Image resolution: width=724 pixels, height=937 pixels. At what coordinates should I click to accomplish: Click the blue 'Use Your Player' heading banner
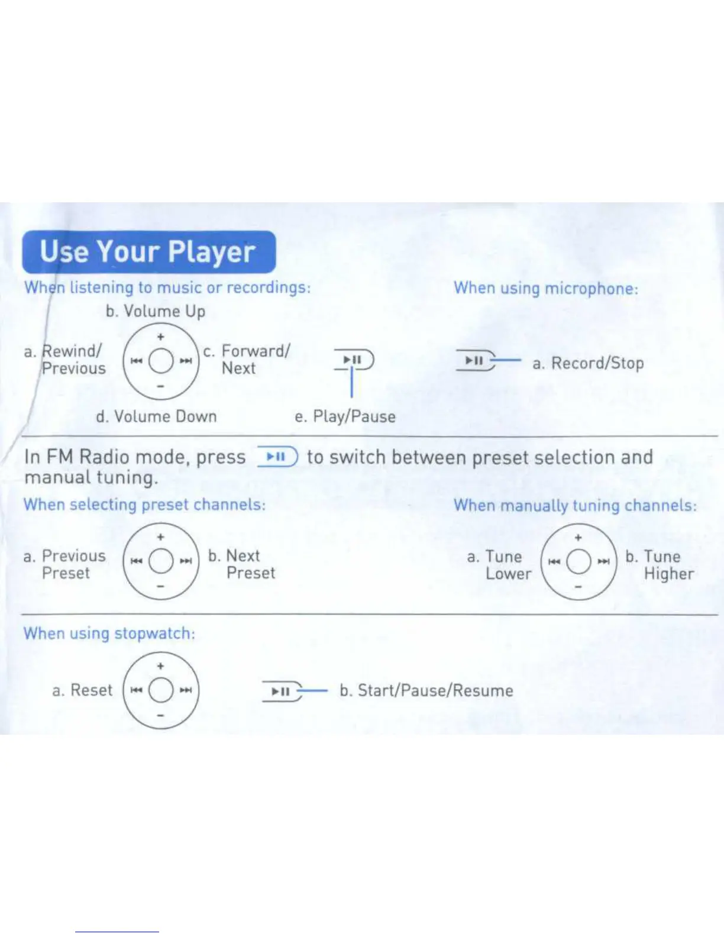click(x=148, y=252)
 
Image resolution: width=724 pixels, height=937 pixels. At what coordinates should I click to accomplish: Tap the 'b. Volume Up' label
click(x=155, y=311)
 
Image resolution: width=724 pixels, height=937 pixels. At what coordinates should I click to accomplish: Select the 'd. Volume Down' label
click(x=156, y=416)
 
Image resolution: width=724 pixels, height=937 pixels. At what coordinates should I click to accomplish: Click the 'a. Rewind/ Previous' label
click(x=65, y=360)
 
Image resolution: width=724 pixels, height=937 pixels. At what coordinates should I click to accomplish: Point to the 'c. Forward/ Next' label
click(x=247, y=360)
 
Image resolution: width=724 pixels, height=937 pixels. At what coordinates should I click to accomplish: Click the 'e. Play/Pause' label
click(x=345, y=416)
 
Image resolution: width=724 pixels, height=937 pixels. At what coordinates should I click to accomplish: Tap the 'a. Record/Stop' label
click(x=588, y=363)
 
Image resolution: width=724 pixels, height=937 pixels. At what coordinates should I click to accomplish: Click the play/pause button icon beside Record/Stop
click(x=475, y=360)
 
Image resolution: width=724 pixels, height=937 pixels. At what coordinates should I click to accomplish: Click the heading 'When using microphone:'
click(x=546, y=289)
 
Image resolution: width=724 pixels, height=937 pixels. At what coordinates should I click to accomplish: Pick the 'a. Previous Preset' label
click(x=65, y=564)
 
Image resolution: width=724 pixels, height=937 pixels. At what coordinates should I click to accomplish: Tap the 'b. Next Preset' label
click(x=242, y=564)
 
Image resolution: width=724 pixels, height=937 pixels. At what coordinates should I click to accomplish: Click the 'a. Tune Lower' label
click(x=499, y=565)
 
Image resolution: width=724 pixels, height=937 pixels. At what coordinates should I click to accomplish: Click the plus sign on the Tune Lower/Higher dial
click(x=578, y=537)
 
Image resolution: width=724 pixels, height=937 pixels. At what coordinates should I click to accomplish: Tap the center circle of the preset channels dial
click(x=160, y=561)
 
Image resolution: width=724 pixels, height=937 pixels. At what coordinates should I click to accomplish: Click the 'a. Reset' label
click(x=82, y=690)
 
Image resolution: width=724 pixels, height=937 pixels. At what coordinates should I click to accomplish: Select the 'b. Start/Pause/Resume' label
click(x=426, y=691)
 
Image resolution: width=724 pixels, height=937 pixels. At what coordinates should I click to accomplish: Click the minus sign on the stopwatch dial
click(x=160, y=715)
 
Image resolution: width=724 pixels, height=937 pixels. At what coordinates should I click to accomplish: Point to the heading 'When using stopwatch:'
click(x=109, y=634)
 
